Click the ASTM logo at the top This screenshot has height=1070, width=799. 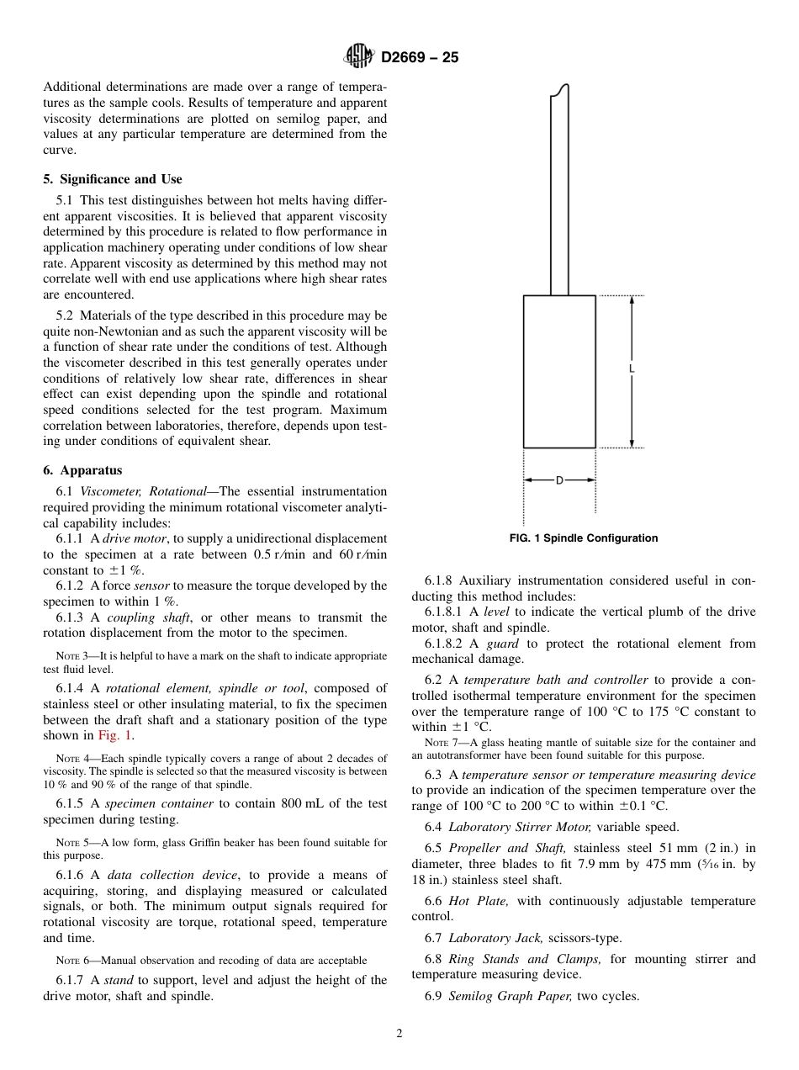(359, 57)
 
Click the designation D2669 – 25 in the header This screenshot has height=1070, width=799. (420, 58)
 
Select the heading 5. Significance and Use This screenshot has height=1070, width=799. (113, 179)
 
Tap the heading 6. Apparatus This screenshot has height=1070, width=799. (82, 470)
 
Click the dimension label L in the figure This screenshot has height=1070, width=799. (632, 369)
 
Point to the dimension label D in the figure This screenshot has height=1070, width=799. (559, 480)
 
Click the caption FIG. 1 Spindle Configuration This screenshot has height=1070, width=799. (584, 538)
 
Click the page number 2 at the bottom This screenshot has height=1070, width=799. (399, 1034)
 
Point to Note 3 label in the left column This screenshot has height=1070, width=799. (67, 656)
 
